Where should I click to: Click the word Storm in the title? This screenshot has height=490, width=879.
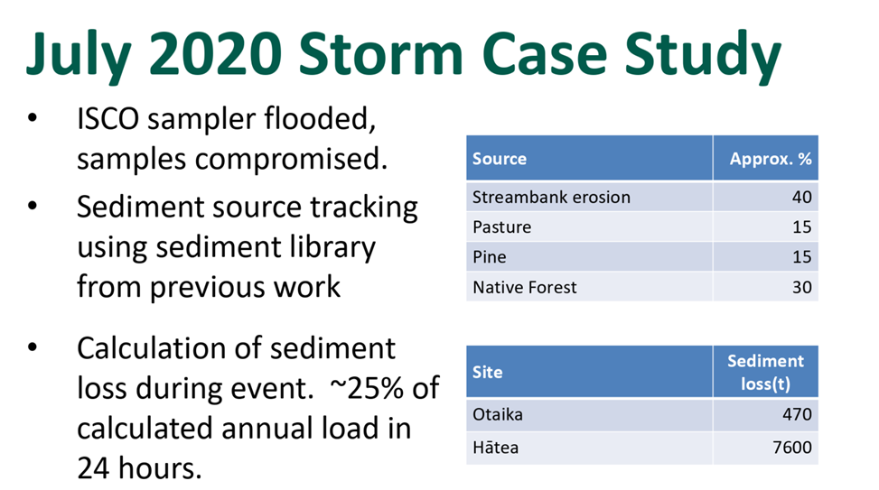[380, 53]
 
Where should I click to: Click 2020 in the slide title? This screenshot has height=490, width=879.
[215, 53]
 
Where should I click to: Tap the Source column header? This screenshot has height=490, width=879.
[500, 159]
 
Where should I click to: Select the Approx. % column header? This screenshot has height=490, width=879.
[771, 159]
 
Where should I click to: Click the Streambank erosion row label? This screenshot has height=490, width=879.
[552, 197]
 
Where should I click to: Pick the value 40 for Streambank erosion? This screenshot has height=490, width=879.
[801, 197]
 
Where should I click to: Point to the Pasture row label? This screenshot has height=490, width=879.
[501, 227]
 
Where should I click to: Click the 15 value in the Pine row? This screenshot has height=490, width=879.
[801, 256]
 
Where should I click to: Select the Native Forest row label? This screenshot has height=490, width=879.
[525, 287]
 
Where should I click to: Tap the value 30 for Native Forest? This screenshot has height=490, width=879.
[801, 287]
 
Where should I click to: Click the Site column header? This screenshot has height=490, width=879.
[487, 372]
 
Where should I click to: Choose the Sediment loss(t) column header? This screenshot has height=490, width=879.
[765, 372]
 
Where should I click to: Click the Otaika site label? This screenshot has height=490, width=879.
[498, 414]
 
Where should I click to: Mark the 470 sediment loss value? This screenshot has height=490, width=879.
[797, 414]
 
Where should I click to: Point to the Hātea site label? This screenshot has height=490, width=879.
[496, 447]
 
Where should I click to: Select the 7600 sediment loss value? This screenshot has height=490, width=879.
[792, 447]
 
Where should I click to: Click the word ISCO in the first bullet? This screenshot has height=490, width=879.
[108, 119]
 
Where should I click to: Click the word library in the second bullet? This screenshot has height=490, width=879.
[333, 247]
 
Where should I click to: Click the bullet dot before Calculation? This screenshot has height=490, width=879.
[32, 347]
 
